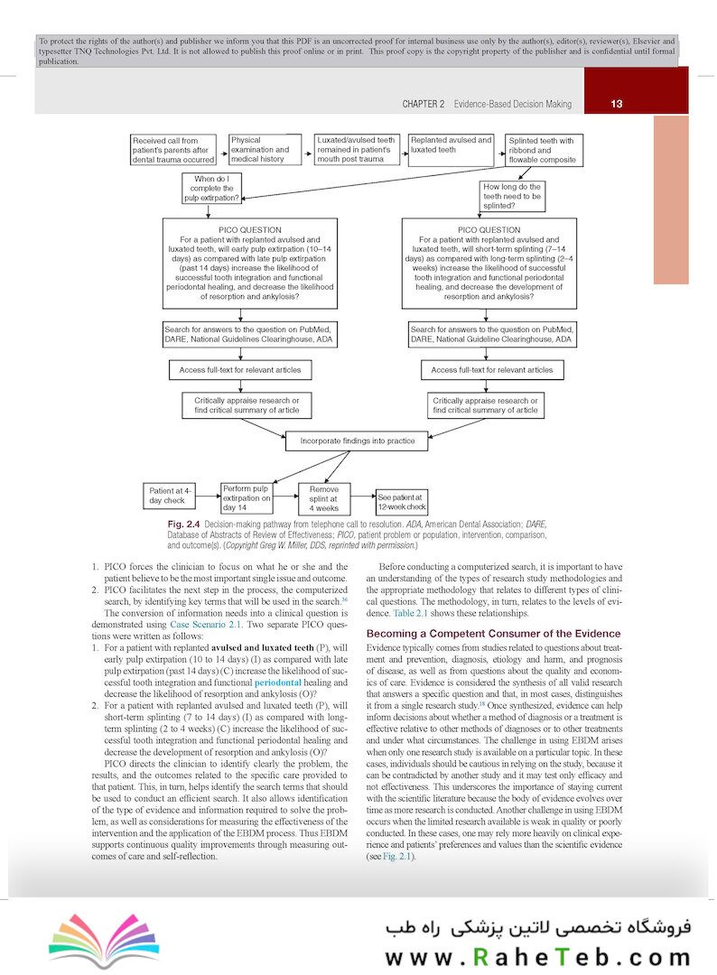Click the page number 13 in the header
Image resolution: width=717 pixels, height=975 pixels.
point(616,104)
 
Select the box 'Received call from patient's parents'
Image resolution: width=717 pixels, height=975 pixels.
point(174,150)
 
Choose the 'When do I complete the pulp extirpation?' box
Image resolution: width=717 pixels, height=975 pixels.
point(211,188)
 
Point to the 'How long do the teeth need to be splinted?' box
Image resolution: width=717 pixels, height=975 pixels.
point(512,195)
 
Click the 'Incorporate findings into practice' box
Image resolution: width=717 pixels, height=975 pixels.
point(351,441)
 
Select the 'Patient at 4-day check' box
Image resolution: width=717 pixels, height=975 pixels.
point(168,496)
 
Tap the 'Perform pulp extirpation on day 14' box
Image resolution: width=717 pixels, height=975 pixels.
point(247,497)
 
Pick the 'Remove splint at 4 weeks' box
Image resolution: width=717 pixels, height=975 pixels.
point(323,497)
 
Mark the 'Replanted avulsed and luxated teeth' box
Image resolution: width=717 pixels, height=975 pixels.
point(451,145)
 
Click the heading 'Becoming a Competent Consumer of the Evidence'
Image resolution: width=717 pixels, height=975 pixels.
point(493,633)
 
